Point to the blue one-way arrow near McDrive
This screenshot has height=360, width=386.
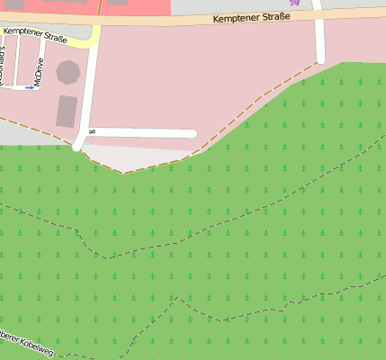[29, 87]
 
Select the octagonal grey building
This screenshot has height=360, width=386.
[67, 71]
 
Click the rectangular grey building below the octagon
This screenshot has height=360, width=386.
[67, 111]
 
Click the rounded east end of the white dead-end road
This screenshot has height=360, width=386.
[193, 134]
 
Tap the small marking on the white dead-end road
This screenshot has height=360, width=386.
[92, 132]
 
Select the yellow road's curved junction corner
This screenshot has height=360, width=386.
[93, 40]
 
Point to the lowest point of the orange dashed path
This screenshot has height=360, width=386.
[123, 173]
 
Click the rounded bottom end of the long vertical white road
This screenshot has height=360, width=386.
[78, 146]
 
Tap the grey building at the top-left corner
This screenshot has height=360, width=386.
[13, 4]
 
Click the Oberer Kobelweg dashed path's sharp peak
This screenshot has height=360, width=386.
[177, 298]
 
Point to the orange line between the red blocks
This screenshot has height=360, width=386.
[99, 6]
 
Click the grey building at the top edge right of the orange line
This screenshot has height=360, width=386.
[118, 2]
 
